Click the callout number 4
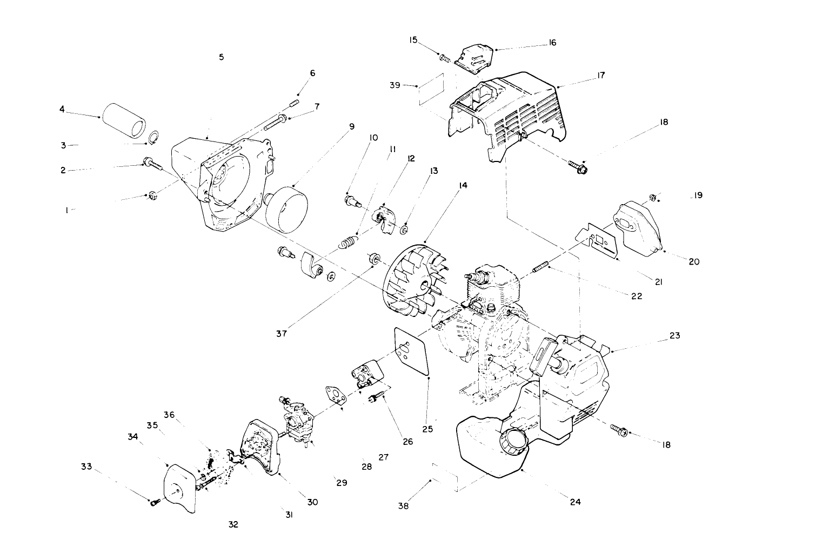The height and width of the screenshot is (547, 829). pos(62,109)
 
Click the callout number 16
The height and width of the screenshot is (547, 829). pos(552,43)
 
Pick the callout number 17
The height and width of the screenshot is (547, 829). pos(601,76)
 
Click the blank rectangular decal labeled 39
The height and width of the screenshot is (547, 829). pos(431,89)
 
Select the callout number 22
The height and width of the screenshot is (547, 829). pos(637,296)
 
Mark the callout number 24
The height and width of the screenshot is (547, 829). pos(575,502)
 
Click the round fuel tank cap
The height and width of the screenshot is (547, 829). pos(513,443)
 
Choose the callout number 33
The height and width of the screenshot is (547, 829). pos(86,467)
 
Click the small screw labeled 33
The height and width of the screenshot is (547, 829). pos(154,502)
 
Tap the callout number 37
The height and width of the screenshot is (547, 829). pos(281,333)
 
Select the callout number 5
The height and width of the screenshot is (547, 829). pos(222,57)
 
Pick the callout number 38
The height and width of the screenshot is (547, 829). pos(404,506)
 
